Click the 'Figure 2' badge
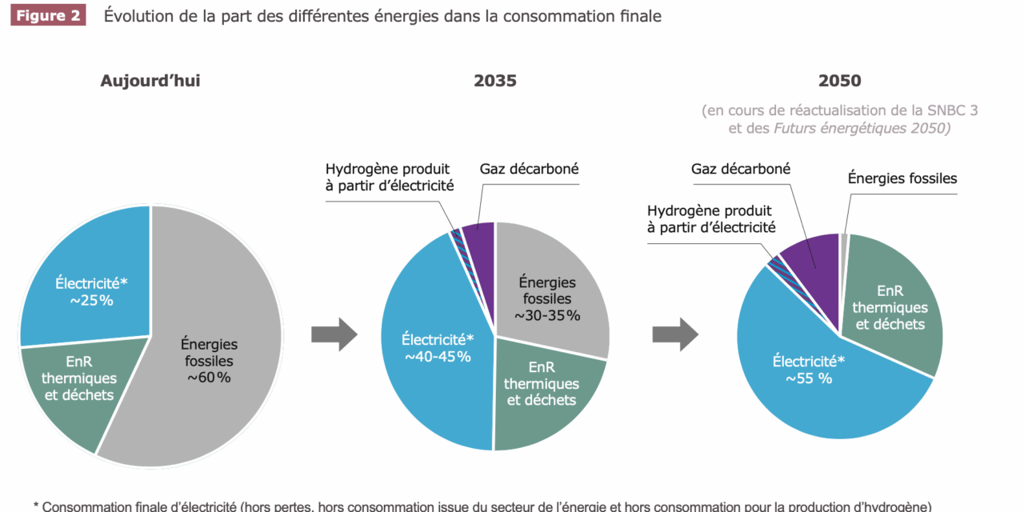coord(48,16)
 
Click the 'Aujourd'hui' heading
coord(150,81)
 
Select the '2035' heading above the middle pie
coord(495,81)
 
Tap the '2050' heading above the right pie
coord(839,81)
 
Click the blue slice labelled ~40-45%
coord(432,352)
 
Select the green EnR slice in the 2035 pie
coord(544,392)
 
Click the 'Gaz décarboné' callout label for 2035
coord(529,170)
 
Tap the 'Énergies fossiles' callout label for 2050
coord(902,178)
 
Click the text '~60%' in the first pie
coord(209,378)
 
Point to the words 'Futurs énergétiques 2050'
coord(862,128)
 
